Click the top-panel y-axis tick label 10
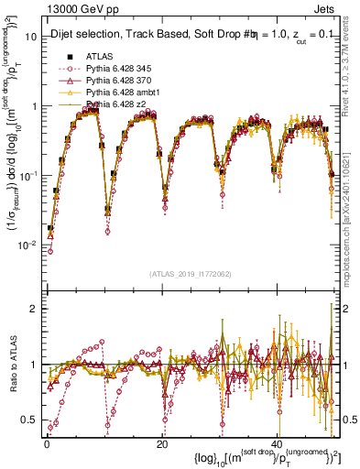(30, 37)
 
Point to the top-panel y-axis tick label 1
(33, 106)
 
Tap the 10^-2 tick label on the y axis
(27, 245)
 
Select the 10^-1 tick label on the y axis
(27, 175)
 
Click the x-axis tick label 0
(47, 444)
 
